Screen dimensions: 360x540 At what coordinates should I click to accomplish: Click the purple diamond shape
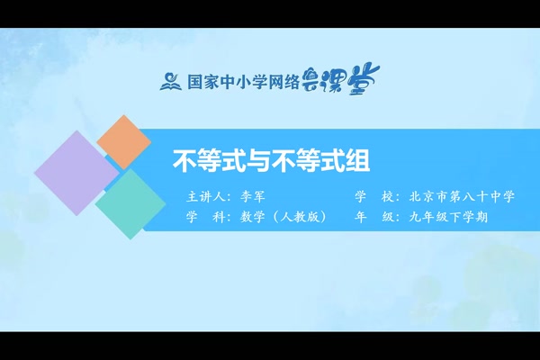76,173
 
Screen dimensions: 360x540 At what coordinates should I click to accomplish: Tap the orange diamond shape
124,141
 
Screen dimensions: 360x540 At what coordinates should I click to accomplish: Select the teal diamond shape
130,203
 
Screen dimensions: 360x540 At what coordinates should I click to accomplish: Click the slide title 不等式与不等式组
271,161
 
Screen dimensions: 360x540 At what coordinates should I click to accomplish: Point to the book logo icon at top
170,81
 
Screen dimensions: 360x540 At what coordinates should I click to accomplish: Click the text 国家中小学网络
238,82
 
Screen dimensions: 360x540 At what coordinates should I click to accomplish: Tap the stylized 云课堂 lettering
335,80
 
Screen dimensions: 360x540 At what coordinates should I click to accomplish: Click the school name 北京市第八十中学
467,196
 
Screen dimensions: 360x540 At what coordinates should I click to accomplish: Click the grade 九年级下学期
454,217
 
